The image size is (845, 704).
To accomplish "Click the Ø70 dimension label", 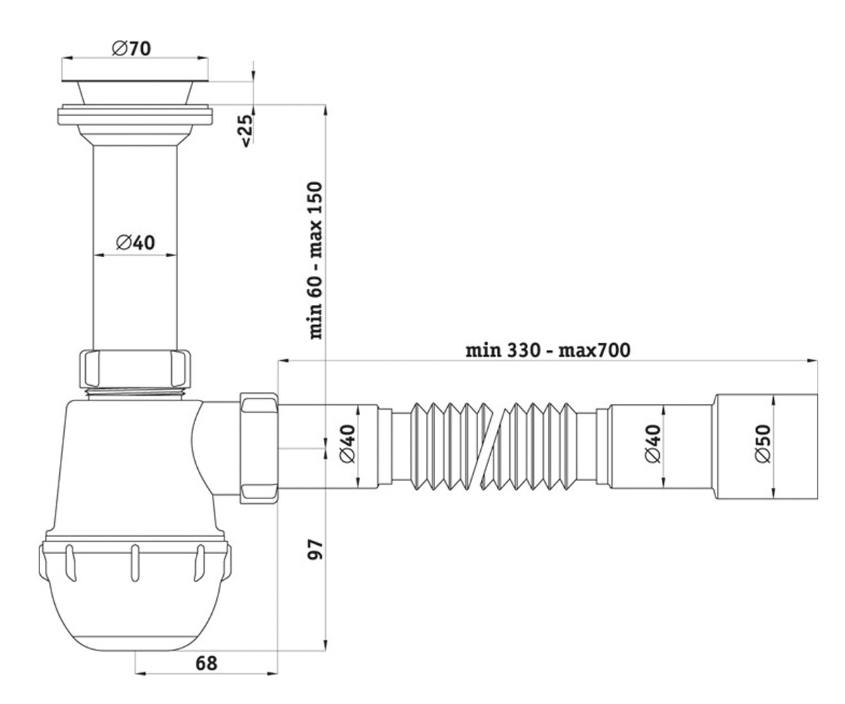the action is [x=131, y=49].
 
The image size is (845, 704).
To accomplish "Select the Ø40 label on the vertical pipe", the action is [x=135, y=242].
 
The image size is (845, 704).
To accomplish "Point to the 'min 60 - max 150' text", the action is [x=315, y=260].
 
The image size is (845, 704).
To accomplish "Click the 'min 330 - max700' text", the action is [x=548, y=350].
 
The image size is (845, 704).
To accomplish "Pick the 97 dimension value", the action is [x=315, y=548].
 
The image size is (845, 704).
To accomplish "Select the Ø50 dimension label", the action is [x=763, y=443].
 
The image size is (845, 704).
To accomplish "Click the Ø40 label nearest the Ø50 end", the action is [x=653, y=443].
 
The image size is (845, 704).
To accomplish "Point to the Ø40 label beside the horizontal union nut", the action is [x=348, y=443].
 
